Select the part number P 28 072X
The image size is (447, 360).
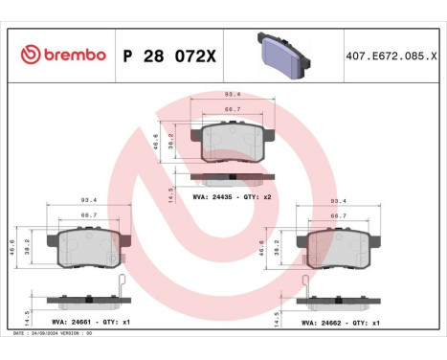170,56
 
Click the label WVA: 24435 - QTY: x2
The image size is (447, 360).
233,196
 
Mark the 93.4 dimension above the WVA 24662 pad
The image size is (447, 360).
337,202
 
